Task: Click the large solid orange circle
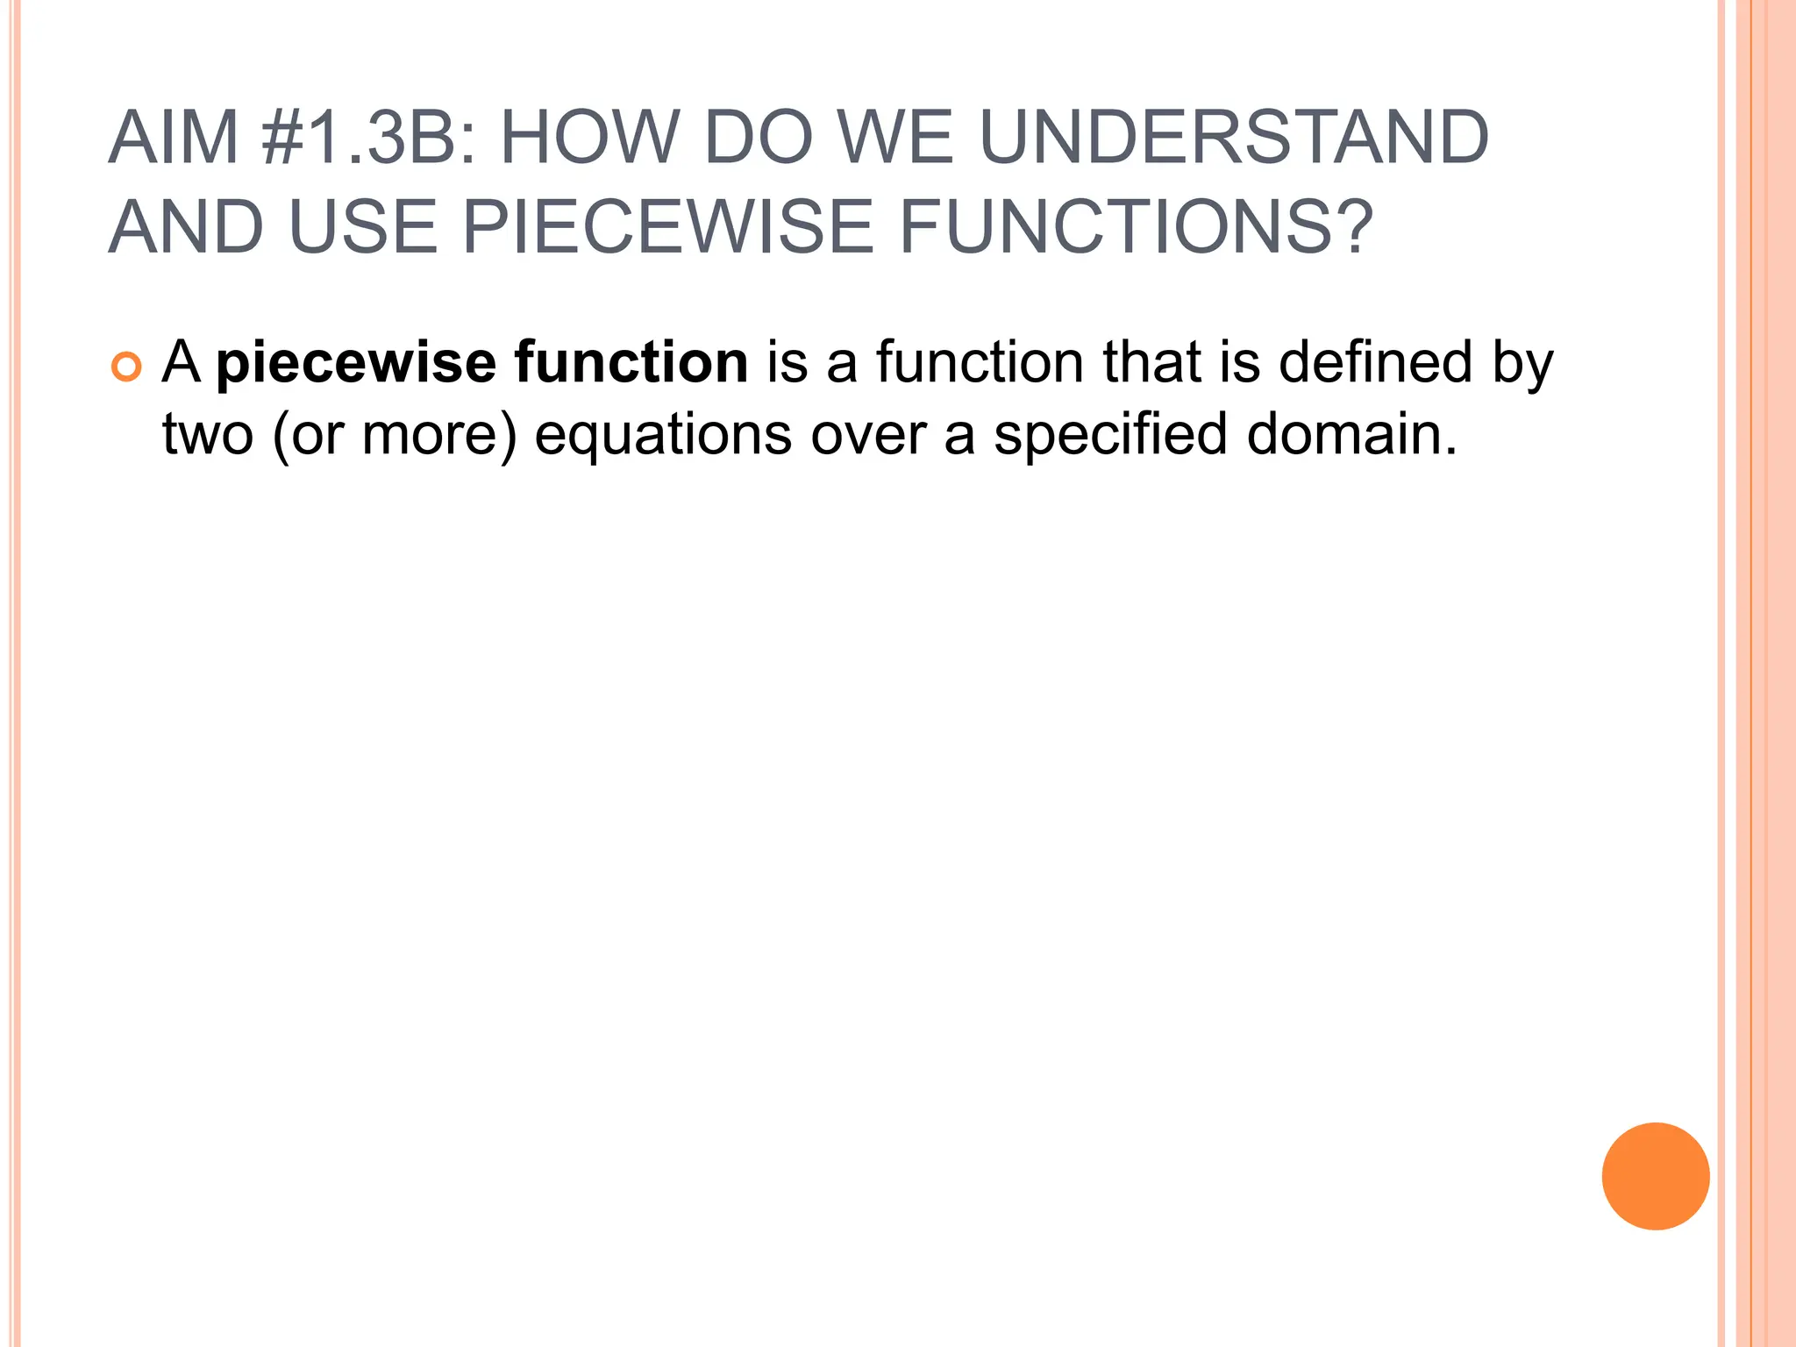[x=1655, y=1176]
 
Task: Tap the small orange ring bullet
[x=126, y=367]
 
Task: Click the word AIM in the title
[x=174, y=138]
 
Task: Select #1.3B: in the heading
[x=369, y=138]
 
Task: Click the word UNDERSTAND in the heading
[x=1233, y=138]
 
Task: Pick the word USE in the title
[x=362, y=227]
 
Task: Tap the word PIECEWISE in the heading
[x=667, y=227]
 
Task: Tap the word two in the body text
[x=208, y=434]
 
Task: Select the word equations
[x=663, y=436]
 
